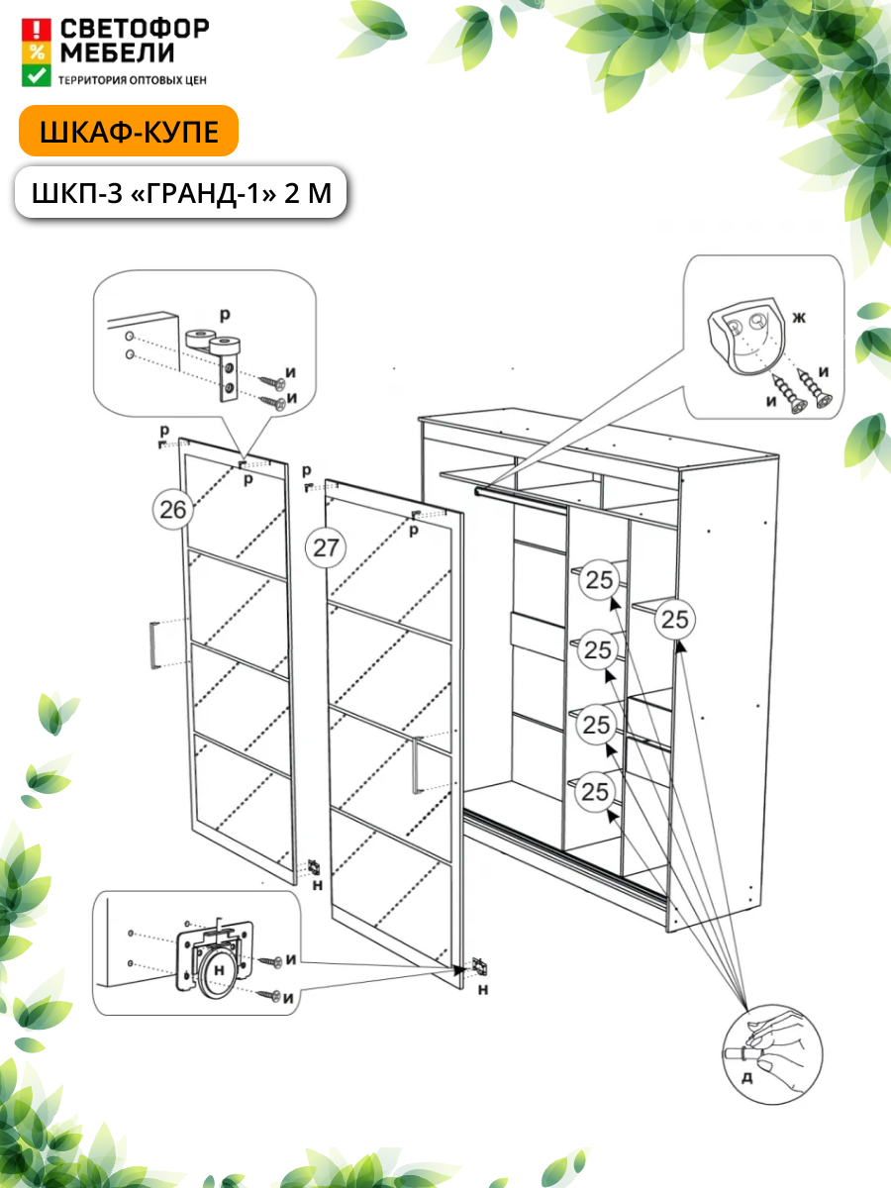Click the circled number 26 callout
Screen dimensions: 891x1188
click(x=174, y=510)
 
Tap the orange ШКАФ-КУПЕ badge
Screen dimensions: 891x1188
click(x=129, y=132)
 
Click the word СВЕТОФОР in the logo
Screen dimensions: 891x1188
click(x=135, y=29)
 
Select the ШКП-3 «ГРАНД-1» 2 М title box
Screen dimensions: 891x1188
click(x=180, y=192)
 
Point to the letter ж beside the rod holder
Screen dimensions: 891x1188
click(x=799, y=319)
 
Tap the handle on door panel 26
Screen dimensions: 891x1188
click(x=154, y=646)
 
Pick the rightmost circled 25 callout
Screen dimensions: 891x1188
click(x=675, y=621)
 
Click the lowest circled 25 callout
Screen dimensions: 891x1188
click(x=596, y=792)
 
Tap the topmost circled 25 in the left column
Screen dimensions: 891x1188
click(x=599, y=579)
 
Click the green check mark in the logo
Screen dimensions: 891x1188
click(x=37, y=75)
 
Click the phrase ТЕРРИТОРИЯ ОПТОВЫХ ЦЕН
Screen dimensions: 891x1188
click(x=133, y=79)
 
